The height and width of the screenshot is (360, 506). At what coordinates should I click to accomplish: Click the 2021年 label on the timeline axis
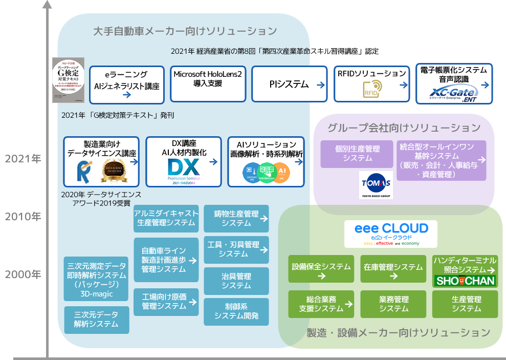pyautogui.click(x=23, y=159)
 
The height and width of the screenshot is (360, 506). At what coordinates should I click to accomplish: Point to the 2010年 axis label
pyautogui.click(x=23, y=217)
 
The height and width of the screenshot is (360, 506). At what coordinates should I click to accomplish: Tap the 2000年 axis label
pyautogui.click(x=23, y=274)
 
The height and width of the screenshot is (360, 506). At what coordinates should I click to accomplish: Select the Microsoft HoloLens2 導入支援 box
pyautogui.click(x=207, y=83)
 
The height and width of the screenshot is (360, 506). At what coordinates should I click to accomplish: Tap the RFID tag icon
pyautogui.click(x=372, y=89)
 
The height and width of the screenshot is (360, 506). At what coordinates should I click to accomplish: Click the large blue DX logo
pyautogui.click(x=183, y=168)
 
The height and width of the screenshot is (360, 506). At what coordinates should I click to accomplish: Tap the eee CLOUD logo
pyautogui.click(x=390, y=234)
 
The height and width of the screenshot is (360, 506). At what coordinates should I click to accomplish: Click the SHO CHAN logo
pyautogui.click(x=465, y=281)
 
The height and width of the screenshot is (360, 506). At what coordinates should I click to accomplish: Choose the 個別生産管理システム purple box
pyautogui.click(x=357, y=154)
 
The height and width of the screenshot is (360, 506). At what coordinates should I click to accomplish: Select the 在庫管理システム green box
pyautogui.click(x=393, y=268)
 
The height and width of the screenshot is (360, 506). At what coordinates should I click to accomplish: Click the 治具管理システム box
pyautogui.click(x=236, y=281)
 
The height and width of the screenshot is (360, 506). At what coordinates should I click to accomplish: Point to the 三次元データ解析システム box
pyautogui.click(x=96, y=320)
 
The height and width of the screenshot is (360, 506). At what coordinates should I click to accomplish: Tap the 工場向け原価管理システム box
pyautogui.click(x=166, y=302)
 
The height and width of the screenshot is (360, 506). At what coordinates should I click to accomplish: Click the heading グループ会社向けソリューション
pyautogui.click(x=404, y=127)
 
